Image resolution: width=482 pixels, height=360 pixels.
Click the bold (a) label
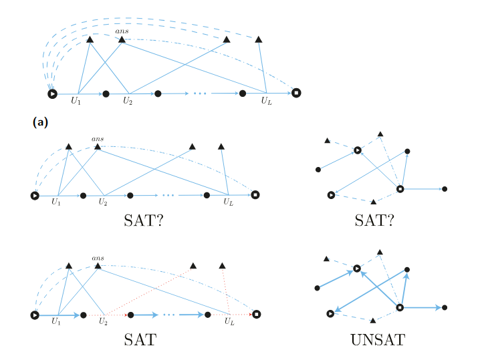point(39,122)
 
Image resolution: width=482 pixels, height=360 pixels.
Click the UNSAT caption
point(377,339)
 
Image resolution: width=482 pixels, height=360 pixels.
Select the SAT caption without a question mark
point(140,339)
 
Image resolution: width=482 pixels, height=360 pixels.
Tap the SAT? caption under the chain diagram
point(144,221)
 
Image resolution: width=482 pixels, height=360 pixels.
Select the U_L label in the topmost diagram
point(266,101)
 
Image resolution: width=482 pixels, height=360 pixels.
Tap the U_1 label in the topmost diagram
point(77,101)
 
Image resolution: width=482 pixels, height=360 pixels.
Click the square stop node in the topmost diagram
point(296,93)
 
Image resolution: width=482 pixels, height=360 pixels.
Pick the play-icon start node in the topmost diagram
point(52,94)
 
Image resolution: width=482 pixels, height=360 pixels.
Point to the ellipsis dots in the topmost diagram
point(199,94)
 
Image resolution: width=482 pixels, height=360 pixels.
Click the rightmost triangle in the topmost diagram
point(259,40)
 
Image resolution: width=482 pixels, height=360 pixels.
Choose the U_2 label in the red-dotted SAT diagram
point(103,321)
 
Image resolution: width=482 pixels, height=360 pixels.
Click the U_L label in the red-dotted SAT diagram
point(229,321)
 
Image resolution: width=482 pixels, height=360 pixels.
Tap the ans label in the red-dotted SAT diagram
point(98,258)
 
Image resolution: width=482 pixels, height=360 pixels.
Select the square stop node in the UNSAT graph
point(400,308)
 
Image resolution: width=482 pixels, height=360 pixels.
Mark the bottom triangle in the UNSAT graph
point(373,321)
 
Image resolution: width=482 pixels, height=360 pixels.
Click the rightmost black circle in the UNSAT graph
point(445,308)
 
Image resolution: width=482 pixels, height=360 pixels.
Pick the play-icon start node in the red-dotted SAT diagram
point(35,314)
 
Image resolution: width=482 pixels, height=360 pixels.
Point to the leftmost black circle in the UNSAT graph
point(318,289)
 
